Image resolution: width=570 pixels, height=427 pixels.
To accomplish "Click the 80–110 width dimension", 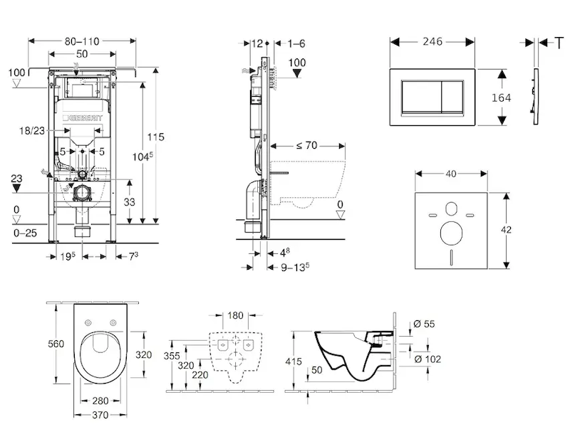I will [83, 41].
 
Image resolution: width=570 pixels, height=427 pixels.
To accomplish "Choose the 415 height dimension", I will [294, 362].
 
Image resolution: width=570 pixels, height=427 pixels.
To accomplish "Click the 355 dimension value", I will [172, 355].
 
